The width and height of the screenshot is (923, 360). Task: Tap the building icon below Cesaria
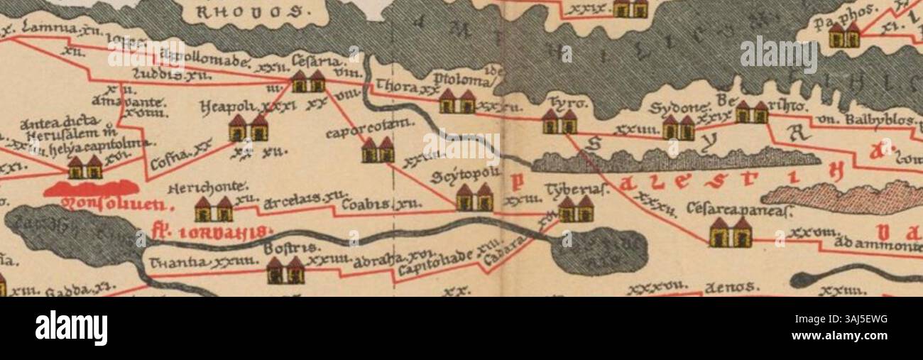click(x=308, y=82)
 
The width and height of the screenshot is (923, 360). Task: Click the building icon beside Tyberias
click(x=576, y=209)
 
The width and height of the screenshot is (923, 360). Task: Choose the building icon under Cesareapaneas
click(x=731, y=233)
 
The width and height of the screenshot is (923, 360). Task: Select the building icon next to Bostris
click(x=285, y=271)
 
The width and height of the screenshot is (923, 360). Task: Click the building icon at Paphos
click(x=843, y=36)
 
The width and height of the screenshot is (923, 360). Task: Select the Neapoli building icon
click(x=248, y=129)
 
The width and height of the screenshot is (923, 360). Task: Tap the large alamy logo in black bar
click(x=71, y=328)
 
